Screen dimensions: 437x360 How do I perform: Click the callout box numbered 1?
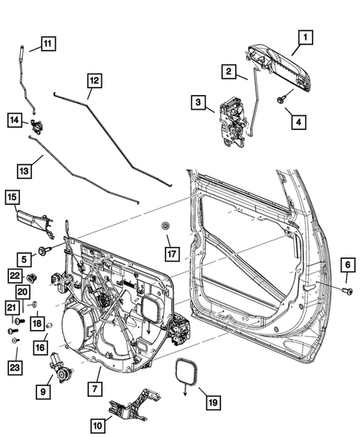tap(306, 35)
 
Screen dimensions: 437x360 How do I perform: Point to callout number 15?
tap(13, 197)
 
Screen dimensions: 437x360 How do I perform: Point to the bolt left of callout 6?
tap(347, 290)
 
